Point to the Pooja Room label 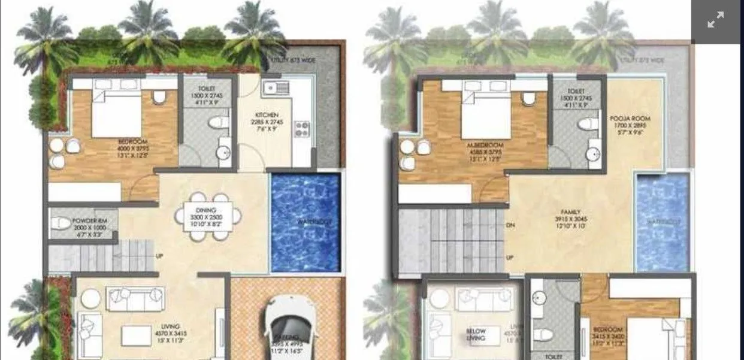630,119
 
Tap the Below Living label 476,334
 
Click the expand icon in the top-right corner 715,20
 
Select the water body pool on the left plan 306,222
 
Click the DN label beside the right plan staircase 510,225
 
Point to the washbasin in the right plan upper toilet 594,154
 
